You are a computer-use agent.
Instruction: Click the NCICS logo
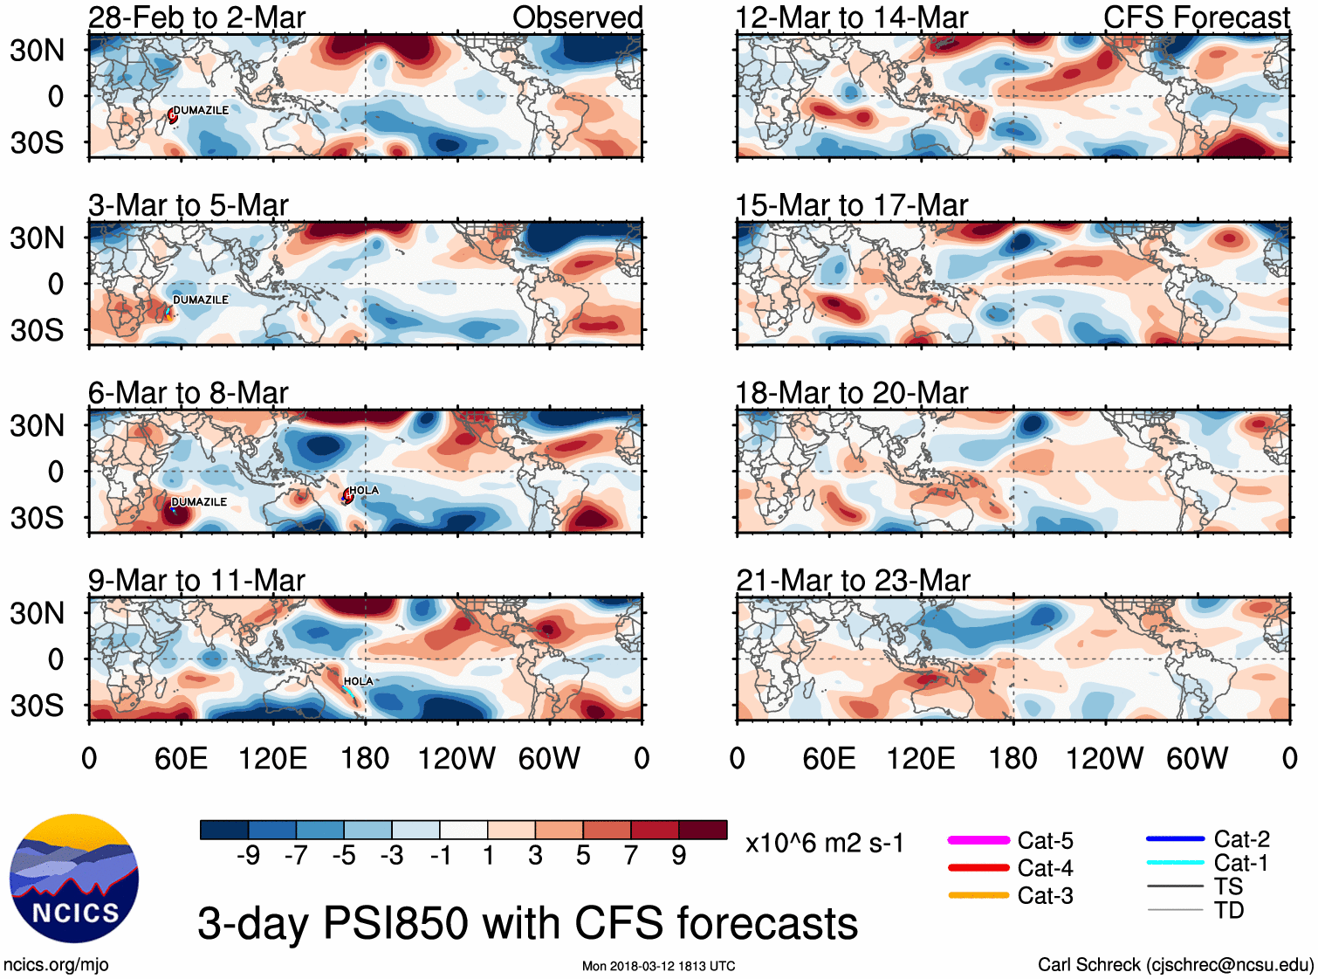(74, 879)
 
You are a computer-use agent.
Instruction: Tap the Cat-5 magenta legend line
(978, 840)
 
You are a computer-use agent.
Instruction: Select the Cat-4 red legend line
(978, 868)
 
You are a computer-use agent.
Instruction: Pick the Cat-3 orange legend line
(978, 895)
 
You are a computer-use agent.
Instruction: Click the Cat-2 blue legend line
(1175, 838)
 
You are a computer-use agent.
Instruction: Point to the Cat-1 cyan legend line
(1175, 863)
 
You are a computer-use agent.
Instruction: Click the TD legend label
(1229, 910)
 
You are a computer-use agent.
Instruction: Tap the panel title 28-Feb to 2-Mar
(196, 17)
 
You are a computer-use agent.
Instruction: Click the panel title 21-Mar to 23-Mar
(853, 580)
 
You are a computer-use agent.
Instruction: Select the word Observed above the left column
(578, 17)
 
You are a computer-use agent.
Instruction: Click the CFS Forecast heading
(1196, 17)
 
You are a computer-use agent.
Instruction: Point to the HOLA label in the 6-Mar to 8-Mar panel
(364, 490)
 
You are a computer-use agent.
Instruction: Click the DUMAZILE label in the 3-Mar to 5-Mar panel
(201, 300)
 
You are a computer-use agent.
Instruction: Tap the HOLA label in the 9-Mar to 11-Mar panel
(358, 681)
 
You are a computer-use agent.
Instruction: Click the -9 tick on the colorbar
(248, 856)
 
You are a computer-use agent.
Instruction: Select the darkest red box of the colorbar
(703, 830)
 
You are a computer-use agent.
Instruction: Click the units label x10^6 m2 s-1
(824, 844)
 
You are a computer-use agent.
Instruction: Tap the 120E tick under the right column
(921, 758)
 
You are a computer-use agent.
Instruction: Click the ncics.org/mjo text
(56, 964)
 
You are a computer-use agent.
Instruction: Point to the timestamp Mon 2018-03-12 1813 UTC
(658, 966)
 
